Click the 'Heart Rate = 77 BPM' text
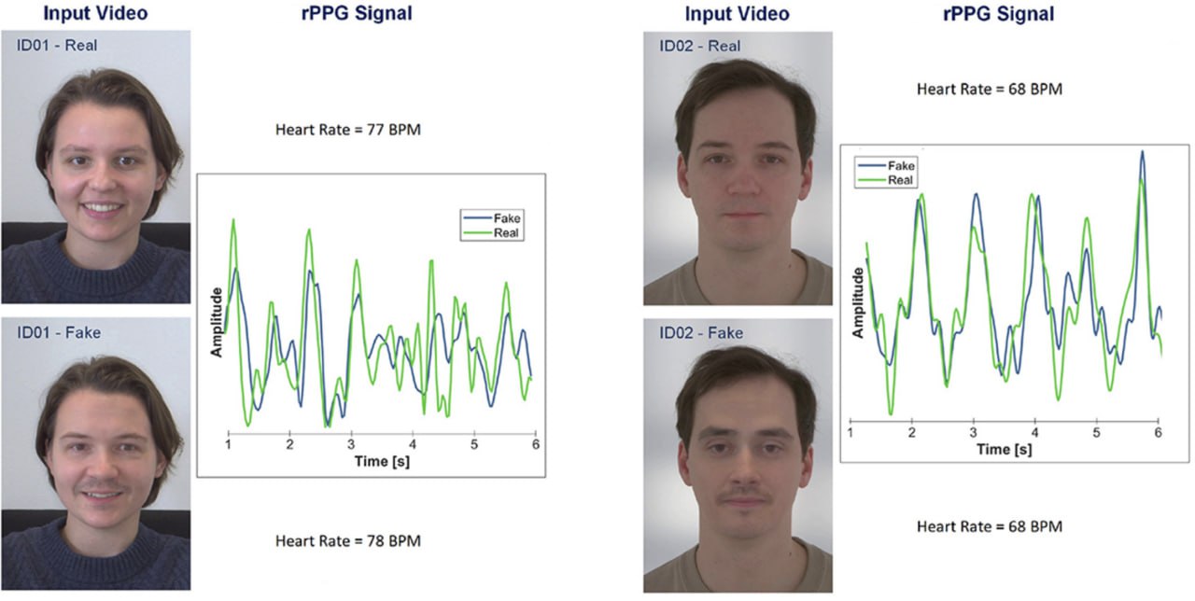[x=347, y=130]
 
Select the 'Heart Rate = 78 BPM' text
[x=347, y=540]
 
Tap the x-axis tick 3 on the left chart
[x=351, y=446]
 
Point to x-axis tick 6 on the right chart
[x=1158, y=434]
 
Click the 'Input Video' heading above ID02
[x=737, y=14]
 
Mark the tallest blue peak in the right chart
[x=1141, y=152]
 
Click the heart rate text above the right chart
[x=989, y=90]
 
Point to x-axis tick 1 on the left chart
[x=229, y=446]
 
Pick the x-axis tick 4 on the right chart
[x=1034, y=434]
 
